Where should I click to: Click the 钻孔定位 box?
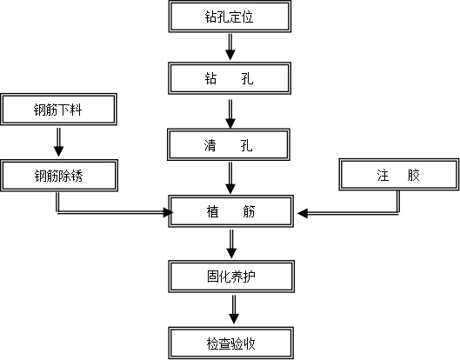(230, 17)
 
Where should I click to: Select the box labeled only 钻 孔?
(230, 79)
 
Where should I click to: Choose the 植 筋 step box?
(230, 211)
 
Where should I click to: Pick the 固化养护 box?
(230, 277)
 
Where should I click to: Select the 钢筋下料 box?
(58, 110)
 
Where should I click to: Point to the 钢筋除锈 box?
(58, 176)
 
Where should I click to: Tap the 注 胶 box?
(398, 175)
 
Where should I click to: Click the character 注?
(383, 175)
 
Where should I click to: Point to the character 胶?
(413, 175)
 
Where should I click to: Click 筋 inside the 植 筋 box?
(250, 211)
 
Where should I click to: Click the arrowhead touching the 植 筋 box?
(171, 211)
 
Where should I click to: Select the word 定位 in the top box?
(243, 17)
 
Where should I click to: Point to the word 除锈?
(71, 176)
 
